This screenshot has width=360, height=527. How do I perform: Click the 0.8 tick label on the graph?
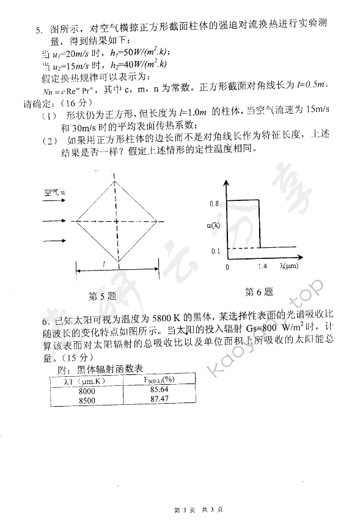pos(214,202)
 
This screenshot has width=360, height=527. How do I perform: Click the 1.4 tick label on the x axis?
pos(263,267)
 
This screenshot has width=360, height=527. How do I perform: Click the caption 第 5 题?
pos(102,297)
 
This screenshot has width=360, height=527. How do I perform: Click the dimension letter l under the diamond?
pos(105,263)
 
